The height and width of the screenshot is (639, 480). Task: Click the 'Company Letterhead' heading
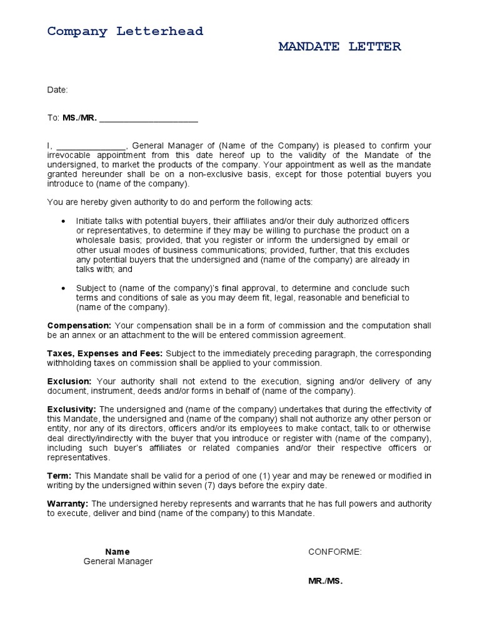click(125, 31)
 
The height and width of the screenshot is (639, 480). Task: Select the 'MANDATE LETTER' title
click(339, 47)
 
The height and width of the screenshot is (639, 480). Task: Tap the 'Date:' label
click(57, 90)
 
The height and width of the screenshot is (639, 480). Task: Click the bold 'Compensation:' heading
click(79, 326)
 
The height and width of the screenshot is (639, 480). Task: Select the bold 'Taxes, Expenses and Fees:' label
click(105, 353)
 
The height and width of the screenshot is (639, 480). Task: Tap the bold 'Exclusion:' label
click(69, 381)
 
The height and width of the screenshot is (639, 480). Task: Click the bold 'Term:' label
click(59, 476)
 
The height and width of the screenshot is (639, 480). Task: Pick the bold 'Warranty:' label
click(68, 504)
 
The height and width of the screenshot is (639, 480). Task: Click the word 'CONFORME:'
click(335, 552)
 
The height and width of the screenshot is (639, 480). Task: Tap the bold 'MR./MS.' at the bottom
click(326, 580)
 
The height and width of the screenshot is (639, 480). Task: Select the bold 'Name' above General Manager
click(117, 552)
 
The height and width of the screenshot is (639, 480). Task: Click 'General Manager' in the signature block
click(118, 562)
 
